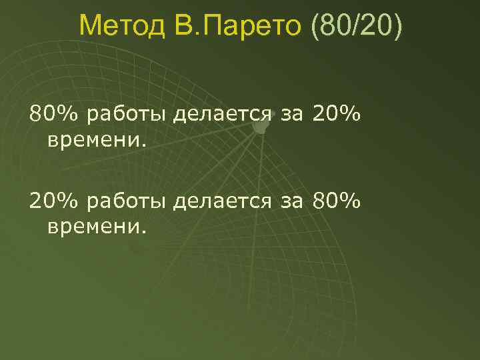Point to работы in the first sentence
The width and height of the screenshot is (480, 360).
(127, 116)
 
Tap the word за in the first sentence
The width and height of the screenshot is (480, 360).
(291, 116)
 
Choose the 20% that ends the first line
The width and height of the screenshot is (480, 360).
(336, 115)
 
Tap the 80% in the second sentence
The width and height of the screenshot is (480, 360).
(336, 201)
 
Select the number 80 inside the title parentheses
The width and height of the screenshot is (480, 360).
(333, 27)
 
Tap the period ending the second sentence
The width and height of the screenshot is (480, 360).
(142, 231)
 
